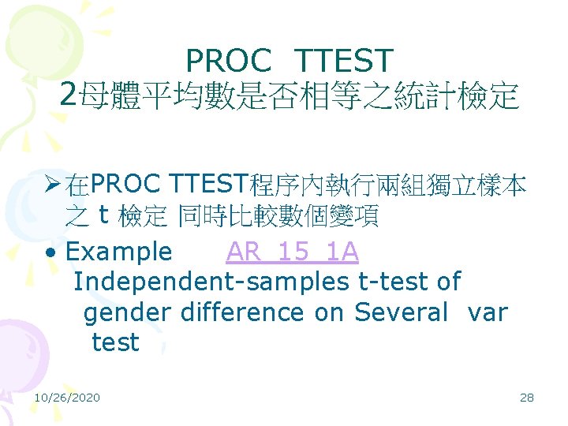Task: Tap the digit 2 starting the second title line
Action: pos(69,95)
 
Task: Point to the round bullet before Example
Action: pos(50,252)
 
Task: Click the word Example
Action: pos(119,252)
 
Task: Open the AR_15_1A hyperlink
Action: pos(292,252)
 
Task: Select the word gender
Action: pos(126,313)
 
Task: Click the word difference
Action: pos(242,312)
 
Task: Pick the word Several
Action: pos(401,312)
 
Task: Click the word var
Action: pos(488,312)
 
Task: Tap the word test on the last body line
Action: pos(115,342)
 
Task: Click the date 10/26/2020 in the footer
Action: pos(67,397)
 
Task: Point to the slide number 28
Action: pos(527,397)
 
